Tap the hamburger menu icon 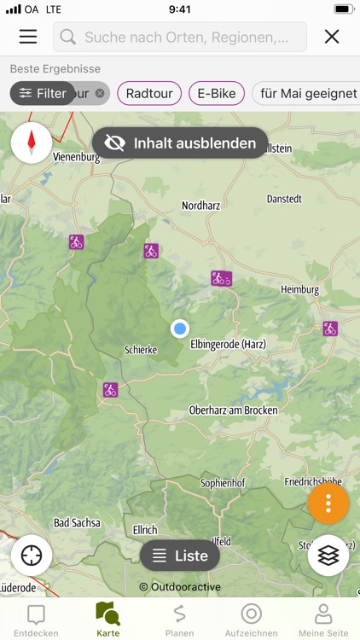28,37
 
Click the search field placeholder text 193,38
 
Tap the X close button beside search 332,37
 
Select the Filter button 43,93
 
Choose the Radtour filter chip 149,93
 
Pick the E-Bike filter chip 217,93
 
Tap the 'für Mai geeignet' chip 307,93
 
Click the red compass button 32,143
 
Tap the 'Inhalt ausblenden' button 180,143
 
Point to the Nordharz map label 201,206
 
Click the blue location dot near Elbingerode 179,329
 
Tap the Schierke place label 141,350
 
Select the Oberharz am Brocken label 233,410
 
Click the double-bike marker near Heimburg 221,278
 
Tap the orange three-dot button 328,503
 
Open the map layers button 328,556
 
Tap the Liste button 180,556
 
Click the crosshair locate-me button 32,556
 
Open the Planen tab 179,620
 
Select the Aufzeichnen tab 251,620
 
